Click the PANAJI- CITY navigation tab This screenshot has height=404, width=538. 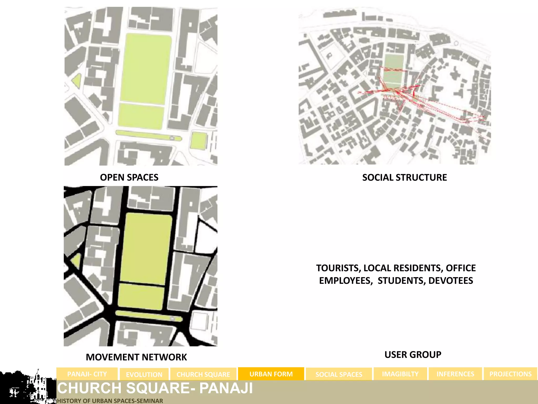(87, 374)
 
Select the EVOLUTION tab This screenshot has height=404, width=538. (144, 374)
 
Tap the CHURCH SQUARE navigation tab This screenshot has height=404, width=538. (203, 374)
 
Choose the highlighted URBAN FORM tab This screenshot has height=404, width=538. (271, 374)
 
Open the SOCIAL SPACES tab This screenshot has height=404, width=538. (339, 374)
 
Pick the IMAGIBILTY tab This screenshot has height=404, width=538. (400, 374)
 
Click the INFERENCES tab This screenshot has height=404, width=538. (455, 374)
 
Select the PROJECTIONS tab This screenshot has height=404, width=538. (510, 374)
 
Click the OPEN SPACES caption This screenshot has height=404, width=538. (129, 177)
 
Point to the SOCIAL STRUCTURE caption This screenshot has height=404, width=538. (404, 177)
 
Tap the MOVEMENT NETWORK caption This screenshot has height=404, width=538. (136, 357)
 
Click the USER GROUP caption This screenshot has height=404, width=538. (413, 355)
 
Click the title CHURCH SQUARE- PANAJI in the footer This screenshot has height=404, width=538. (155, 388)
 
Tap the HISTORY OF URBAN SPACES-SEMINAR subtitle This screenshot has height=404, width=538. (110, 401)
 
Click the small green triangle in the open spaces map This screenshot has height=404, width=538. (77, 81)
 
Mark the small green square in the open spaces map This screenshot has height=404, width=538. (199, 140)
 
